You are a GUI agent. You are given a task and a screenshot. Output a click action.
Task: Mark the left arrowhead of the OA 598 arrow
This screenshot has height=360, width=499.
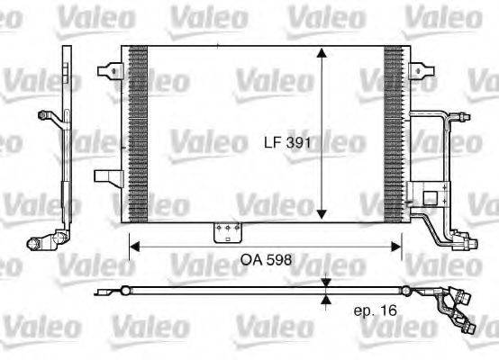tap(132, 244)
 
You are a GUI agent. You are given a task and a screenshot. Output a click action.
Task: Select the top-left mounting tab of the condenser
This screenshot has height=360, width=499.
tap(110, 68)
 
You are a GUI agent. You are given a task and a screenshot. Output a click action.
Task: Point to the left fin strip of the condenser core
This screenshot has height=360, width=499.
tap(138, 132)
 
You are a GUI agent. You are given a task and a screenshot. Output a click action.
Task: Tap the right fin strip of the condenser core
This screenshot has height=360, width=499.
tap(395, 132)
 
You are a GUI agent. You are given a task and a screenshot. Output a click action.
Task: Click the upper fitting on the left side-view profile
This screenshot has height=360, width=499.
tap(47, 114)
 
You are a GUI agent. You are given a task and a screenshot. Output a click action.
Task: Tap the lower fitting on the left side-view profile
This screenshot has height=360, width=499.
tap(41, 242)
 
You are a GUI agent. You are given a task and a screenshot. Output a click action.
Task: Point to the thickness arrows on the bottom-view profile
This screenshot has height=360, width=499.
tap(326, 291)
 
